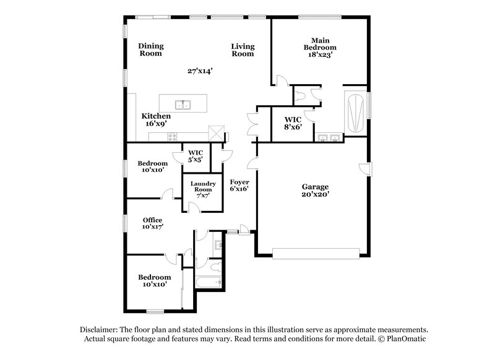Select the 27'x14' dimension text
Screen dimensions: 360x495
[200, 71]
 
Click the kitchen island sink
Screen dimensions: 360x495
[183, 104]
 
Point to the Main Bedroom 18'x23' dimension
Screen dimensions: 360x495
[320, 55]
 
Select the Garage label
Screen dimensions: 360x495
[315, 186]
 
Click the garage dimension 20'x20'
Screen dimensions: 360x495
[315, 194]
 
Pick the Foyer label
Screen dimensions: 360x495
[239, 182]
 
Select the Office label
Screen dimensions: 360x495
[152, 220]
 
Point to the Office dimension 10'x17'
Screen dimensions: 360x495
[152, 227]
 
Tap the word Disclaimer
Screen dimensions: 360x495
[101, 330]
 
